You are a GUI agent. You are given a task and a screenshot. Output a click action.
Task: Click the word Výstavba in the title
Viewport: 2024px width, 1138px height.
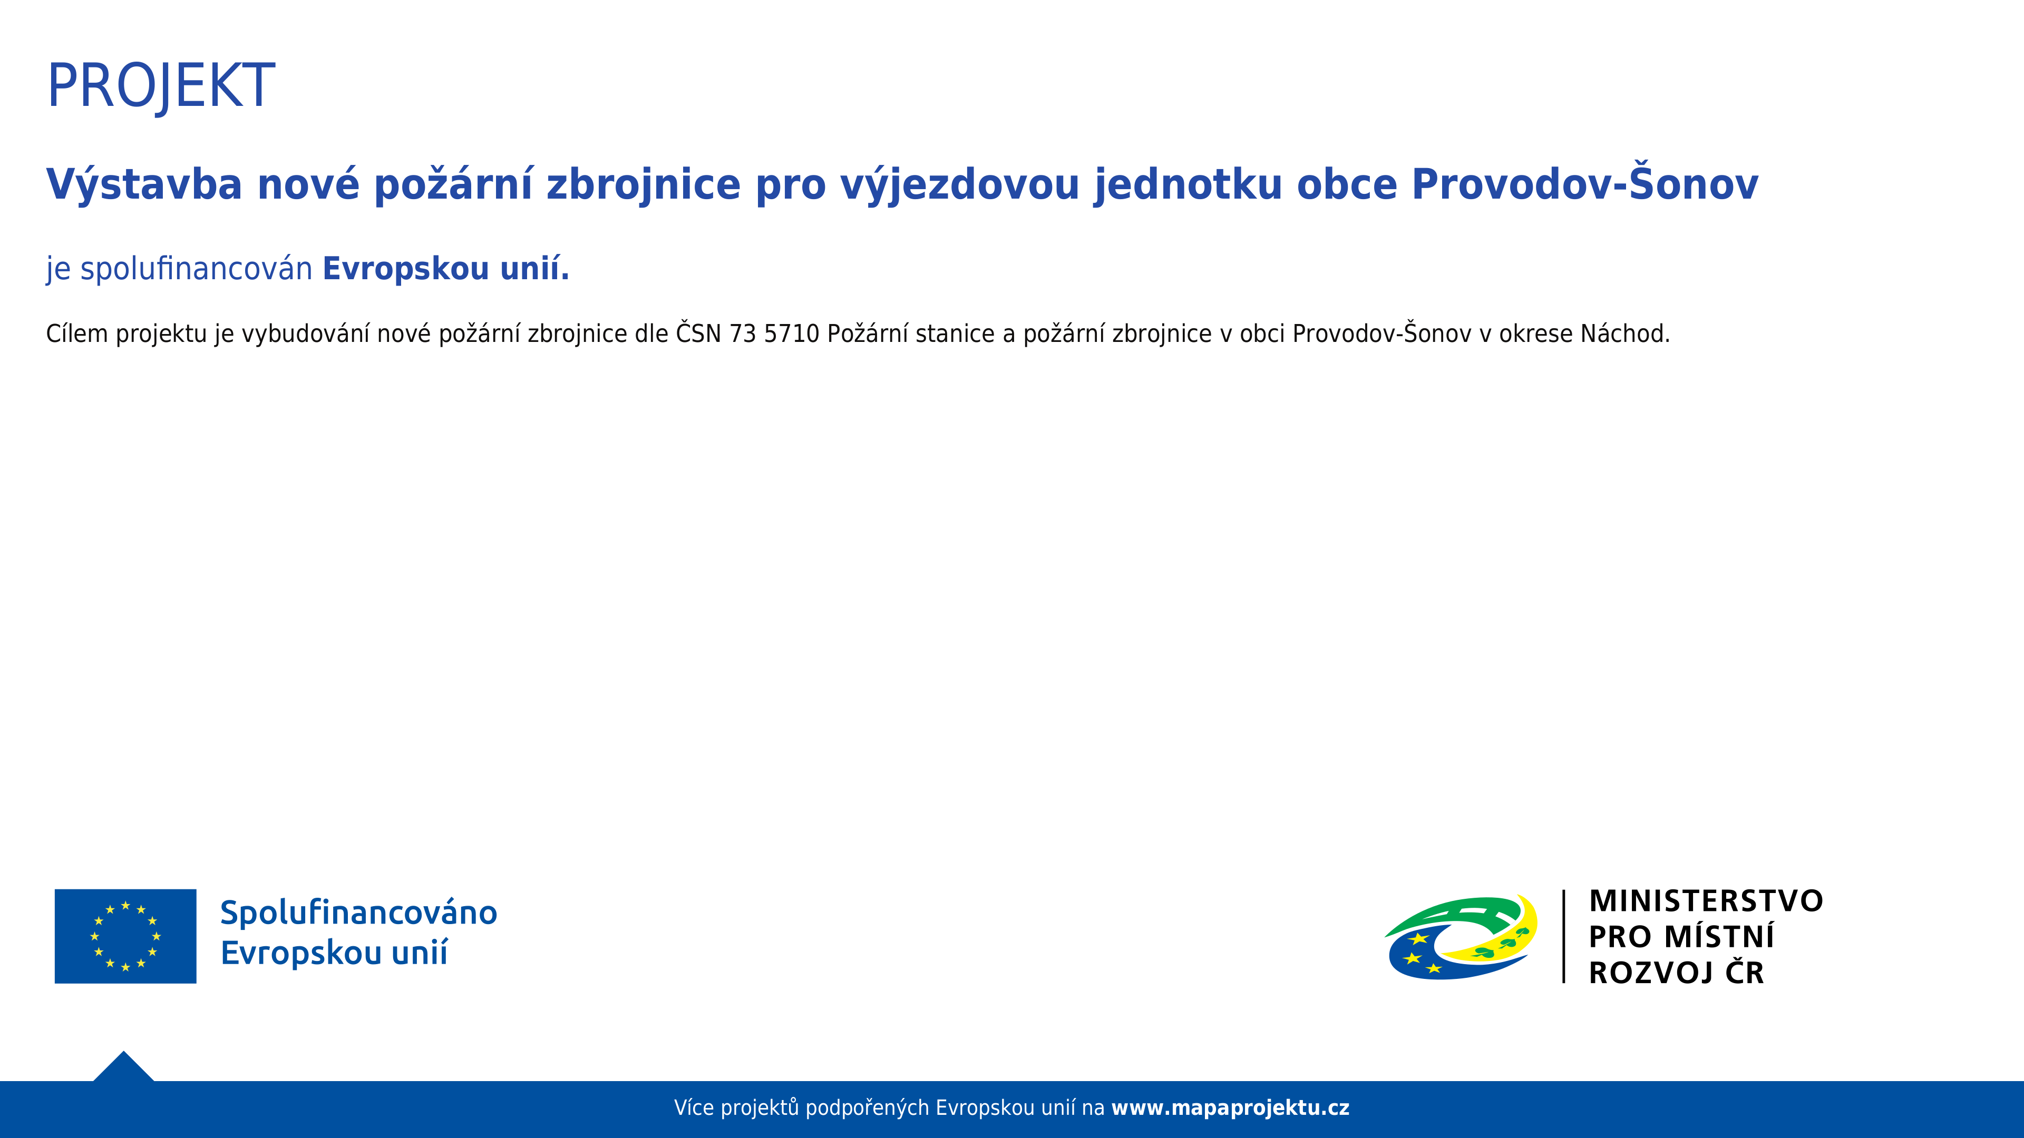point(144,185)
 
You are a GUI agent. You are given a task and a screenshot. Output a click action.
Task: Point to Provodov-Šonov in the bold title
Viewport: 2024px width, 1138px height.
point(1585,184)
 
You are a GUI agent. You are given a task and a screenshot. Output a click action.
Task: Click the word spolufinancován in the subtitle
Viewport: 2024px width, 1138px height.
point(197,269)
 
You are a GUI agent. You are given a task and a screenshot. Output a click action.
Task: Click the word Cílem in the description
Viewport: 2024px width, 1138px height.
point(77,334)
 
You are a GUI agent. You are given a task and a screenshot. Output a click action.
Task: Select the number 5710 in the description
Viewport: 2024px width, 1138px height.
point(791,334)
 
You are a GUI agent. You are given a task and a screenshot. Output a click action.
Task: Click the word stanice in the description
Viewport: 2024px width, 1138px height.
point(956,334)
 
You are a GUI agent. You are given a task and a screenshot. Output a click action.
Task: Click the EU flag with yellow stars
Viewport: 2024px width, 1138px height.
point(126,936)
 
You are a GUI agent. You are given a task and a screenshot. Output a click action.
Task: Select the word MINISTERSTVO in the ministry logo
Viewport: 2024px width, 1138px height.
point(1706,901)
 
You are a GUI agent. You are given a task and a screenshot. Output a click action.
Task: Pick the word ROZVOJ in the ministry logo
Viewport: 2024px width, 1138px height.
point(1651,973)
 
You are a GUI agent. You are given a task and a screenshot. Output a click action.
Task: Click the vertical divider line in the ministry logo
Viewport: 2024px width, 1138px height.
point(1563,936)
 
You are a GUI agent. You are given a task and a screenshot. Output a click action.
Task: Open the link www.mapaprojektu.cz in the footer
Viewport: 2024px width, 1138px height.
point(1230,1108)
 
